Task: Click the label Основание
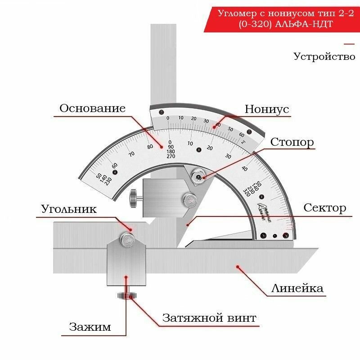(92, 108)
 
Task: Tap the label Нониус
(267, 109)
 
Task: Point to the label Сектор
(324, 208)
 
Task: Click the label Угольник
(69, 209)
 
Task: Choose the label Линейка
(297, 288)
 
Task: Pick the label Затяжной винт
(209, 318)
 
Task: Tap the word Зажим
(90, 327)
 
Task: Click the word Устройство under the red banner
(324, 57)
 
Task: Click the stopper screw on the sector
(197, 175)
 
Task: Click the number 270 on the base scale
(171, 156)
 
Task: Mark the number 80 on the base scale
(150, 146)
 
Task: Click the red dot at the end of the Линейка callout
(238, 267)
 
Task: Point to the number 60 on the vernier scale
(242, 134)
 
